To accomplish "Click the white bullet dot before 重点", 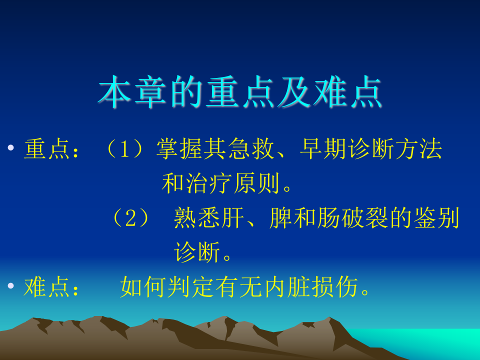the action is click(11, 148).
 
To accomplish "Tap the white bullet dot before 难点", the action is click(11, 286).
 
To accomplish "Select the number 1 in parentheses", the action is click(124, 149).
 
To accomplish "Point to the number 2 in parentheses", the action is click(130, 217).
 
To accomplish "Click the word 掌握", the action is click(179, 149).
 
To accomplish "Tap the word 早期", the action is click(323, 149).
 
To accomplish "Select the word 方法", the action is click(419, 149).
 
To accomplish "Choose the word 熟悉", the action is click(197, 217).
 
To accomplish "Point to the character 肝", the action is click(232, 217).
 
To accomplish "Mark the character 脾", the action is click(280, 217).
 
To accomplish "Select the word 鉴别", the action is click(436, 217).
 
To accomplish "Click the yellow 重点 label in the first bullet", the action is click(47, 149).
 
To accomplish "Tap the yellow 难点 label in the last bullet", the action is click(47, 286).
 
